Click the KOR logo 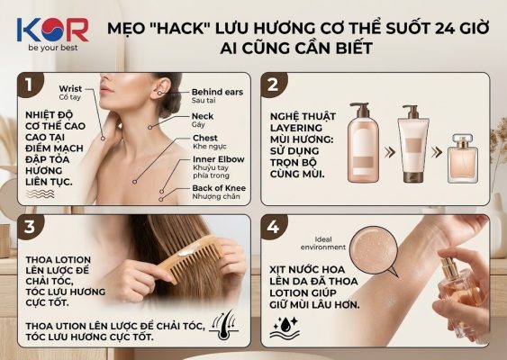point(53,30)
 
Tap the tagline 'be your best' point(53,48)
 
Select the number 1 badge point(30,85)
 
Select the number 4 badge point(274,227)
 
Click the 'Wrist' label point(70,88)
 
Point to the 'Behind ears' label point(217,92)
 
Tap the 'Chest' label point(205,138)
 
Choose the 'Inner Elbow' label point(219,159)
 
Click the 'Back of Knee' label point(219,188)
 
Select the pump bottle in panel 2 point(363,143)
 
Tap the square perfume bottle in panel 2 point(463,159)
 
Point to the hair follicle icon point(223,325)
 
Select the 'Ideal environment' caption point(323,243)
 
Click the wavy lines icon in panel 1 point(41,193)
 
